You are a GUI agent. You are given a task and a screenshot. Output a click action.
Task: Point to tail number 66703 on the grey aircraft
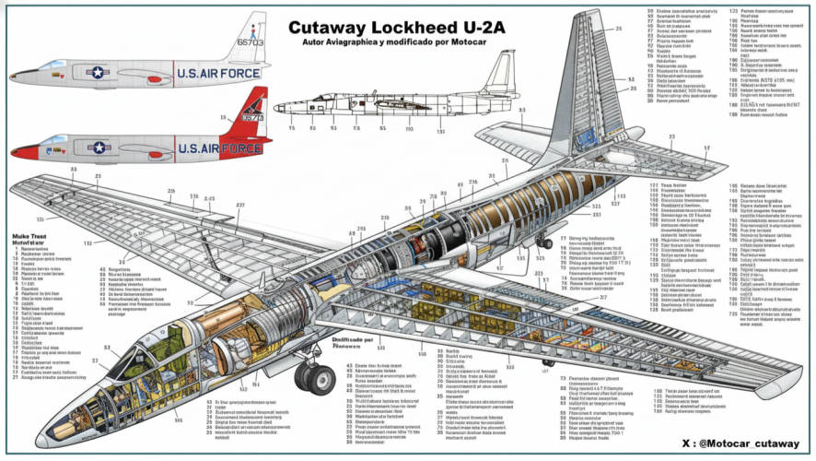(x=250, y=42)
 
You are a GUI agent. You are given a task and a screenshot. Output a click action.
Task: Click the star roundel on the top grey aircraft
(x=98, y=72)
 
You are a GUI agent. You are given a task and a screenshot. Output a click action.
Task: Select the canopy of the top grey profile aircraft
(x=52, y=64)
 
